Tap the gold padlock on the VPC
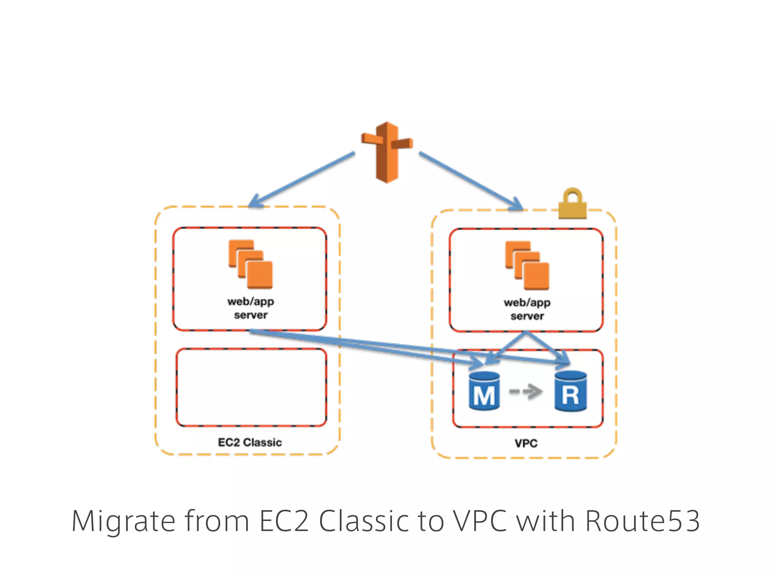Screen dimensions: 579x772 [572, 205]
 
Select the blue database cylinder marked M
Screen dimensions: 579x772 [484, 391]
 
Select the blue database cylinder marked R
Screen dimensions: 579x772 [570, 391]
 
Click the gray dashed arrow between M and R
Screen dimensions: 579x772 [526, 392]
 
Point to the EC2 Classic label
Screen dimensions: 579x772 [250, 442]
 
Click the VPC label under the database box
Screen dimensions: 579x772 [526, 443]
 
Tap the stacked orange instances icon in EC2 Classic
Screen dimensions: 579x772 [250, 264]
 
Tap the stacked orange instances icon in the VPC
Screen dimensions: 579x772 [527, 265]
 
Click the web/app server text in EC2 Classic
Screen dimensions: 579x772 [251, 308]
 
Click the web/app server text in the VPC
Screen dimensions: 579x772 [527, 309]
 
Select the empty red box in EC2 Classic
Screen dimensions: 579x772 [251, 388]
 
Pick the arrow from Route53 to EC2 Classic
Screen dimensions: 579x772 [302, 179]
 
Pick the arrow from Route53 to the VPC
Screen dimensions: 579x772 [471, 181]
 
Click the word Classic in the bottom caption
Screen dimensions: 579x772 [364, 521]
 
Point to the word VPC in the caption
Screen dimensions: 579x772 [479, 521]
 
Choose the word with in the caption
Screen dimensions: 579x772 [545, 521]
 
